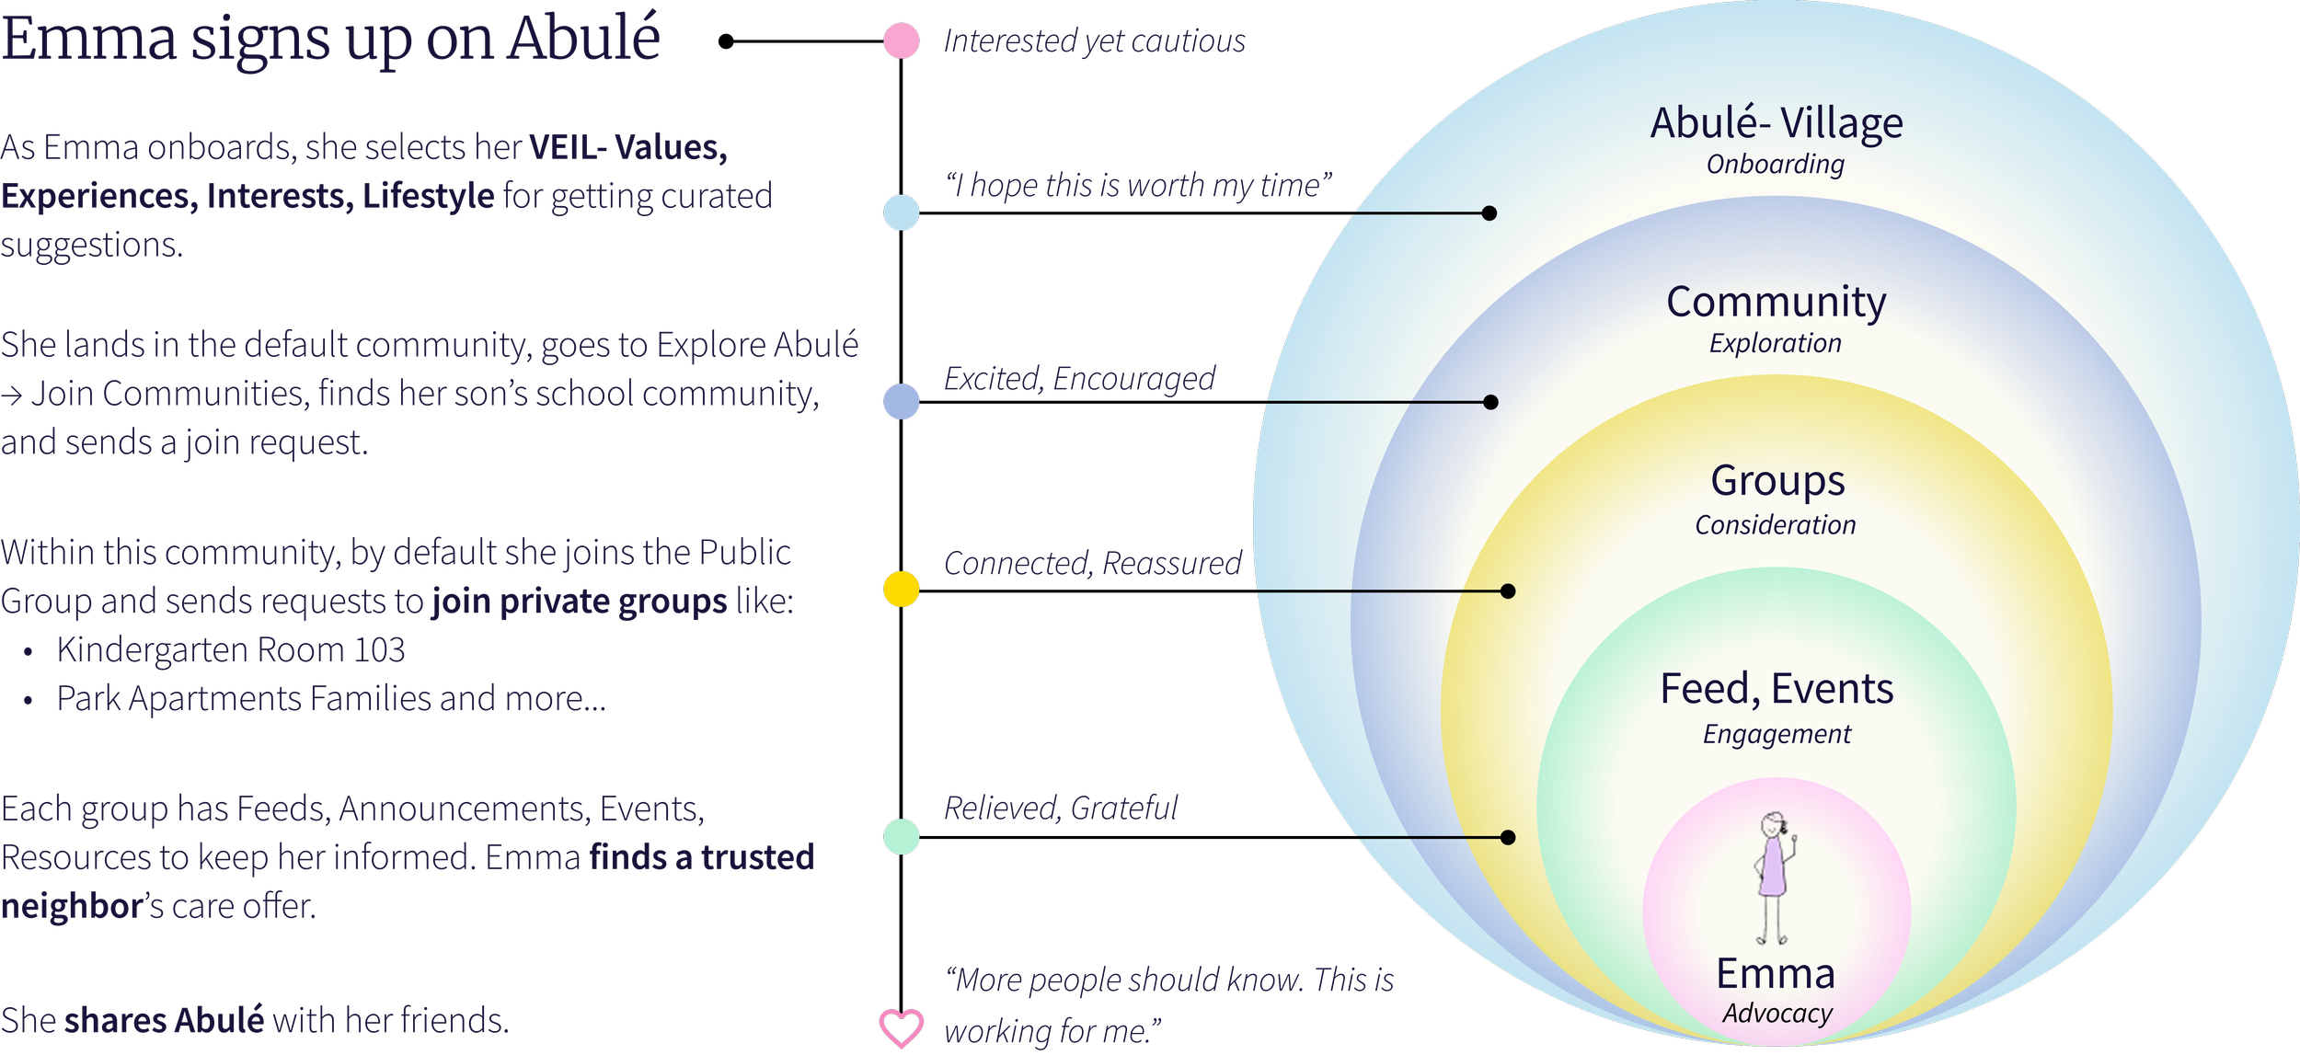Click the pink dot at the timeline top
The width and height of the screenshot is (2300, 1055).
tap(901, 41)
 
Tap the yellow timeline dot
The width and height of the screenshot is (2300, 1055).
tap(902, 589)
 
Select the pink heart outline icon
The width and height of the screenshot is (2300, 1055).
tap(902, 1027)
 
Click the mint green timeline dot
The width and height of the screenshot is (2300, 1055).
tap(902, 837)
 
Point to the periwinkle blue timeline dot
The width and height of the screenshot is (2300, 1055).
tap(902, 402)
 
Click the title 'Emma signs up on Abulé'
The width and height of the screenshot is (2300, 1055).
tap(331, 39)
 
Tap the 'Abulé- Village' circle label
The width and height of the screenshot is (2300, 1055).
tap(1777, 123)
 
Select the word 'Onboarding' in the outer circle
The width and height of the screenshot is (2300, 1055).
tap(1776, 165)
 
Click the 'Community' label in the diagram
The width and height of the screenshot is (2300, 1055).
tap(1777, 302)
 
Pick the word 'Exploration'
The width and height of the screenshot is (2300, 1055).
tap(1776, 344)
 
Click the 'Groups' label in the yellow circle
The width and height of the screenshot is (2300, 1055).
tap(1777, 481)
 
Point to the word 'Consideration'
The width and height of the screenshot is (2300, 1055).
tap(1776, 525)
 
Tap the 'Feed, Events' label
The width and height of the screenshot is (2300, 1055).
tap(1777, 689)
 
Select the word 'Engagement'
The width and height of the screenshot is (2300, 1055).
tap(1777, 734)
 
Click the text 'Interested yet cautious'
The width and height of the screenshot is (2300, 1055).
tap(1095, 41)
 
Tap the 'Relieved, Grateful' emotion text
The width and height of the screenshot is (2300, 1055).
tap(1062, 808)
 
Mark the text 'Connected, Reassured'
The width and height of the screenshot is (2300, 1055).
tap(1093, 563)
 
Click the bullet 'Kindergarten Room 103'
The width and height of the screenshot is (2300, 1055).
tap(231, 650)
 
